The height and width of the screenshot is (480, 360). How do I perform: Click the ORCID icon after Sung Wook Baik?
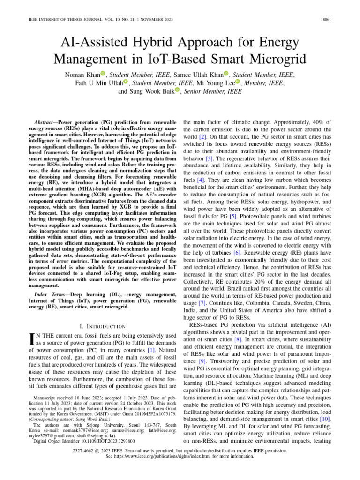(x=177, y=90)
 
